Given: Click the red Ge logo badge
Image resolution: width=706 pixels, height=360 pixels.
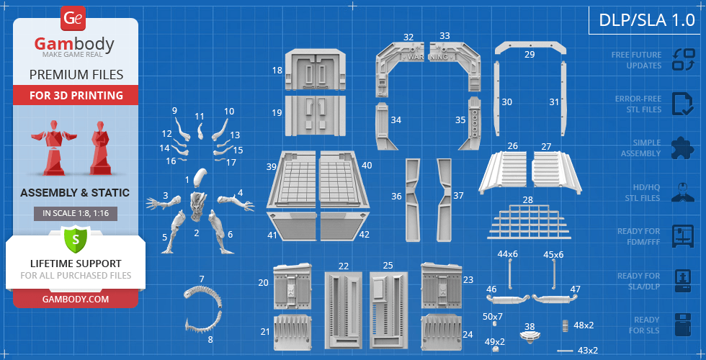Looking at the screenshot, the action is coord(73,19).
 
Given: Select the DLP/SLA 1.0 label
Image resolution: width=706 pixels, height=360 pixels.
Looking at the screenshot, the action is coord(647,20).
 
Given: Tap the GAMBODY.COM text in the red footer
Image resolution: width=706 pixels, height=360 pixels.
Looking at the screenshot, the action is coord(76,299).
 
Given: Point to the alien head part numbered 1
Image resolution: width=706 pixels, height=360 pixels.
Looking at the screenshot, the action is coord(200,177).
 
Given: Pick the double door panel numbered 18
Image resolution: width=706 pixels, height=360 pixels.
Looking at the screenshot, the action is coord(316,69).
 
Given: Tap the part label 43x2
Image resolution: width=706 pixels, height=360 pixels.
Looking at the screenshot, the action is coord(588,350).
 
